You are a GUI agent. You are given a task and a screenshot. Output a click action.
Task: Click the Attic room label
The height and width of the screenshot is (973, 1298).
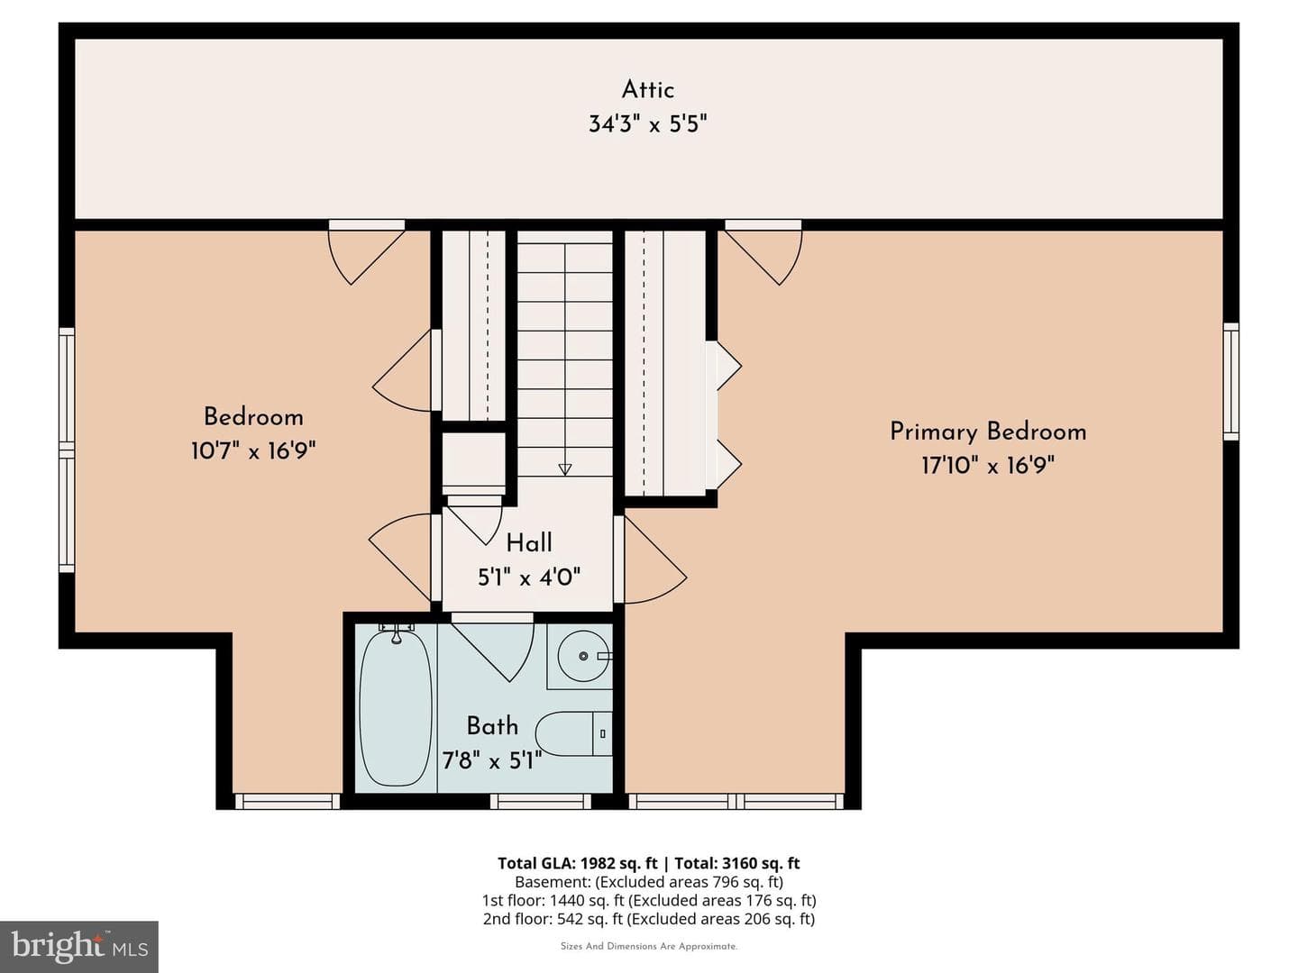point(647,90)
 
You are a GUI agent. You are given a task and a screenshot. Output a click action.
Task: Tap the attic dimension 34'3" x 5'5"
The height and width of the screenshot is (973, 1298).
point(647,124)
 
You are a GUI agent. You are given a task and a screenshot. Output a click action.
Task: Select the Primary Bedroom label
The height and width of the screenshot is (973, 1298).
point(988,432)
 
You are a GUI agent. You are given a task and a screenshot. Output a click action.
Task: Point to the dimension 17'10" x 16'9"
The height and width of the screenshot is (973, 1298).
point(988,466)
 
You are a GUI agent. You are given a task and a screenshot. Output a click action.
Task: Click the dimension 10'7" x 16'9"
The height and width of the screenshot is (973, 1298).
point(253,451)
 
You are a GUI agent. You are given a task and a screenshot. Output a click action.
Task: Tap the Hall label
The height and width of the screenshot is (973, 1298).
point(529,543)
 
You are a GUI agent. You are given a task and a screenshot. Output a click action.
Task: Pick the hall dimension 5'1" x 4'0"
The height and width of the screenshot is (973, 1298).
point(529,577)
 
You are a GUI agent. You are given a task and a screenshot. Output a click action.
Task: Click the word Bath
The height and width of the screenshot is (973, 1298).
point(492,726)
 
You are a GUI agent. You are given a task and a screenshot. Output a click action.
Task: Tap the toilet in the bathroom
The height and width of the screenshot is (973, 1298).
point(573,733)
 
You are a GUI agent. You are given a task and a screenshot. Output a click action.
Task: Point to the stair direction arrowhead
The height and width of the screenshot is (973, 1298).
point(565,469)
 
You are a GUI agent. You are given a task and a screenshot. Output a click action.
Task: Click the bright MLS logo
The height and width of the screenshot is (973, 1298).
point(78,946)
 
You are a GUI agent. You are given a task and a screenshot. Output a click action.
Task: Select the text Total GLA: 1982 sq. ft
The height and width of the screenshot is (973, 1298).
point(577,863)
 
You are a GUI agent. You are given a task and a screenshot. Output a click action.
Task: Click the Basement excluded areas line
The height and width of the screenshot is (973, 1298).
point(649,882)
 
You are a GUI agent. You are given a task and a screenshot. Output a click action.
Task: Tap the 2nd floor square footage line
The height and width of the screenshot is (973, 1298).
point(649,919)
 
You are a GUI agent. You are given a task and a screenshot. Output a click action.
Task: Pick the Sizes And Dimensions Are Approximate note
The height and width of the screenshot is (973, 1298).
point(649,946)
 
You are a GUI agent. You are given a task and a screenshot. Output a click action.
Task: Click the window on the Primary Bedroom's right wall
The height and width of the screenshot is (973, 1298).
point(1230,382)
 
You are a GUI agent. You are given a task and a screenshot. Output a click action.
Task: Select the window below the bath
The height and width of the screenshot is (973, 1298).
point(541,801)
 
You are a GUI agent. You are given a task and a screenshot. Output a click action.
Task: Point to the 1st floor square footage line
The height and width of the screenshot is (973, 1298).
point(649,900)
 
